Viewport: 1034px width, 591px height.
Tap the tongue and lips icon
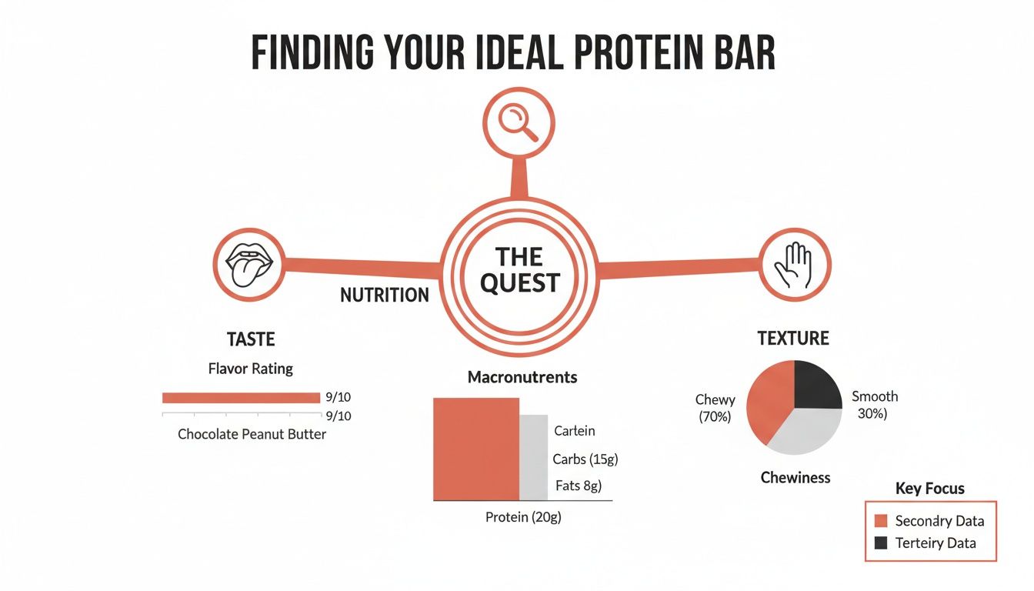pyautogui.click(x=248, y=264)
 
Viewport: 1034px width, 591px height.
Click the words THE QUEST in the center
pyautogui.click(x=519, y=269)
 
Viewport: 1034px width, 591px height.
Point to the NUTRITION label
pyautogui.click(x=385, y=295)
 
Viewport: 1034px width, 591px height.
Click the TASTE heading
pyautogui.click(x=251, y=339)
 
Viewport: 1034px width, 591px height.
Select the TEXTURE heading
pyautogui.click(x=793, y=339)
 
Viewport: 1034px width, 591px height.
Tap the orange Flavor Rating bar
pyautogui.click(x=241, y=398)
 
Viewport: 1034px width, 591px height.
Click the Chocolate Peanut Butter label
pyautogui.click(x=252, y=434)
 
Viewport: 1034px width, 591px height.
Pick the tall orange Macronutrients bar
pyautogui.click(x=476, y=449)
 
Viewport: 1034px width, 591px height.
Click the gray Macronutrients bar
pyautogui.click(x=533, y=457)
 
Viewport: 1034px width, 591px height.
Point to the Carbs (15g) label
pyautogui.click(x=585, y=459)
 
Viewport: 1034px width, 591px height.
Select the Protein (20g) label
pyautogui.click(x=523, y=517)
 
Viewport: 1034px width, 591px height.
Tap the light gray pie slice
pyautogui.click(x=804, y=430)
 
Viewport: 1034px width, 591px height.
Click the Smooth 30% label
pyautogui.click(x=874, y=405)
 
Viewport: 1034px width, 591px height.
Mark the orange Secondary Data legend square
pyautogui.click(x=881, y=521)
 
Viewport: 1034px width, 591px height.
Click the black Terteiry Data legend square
pyautogui.click(x=881, y=543)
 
